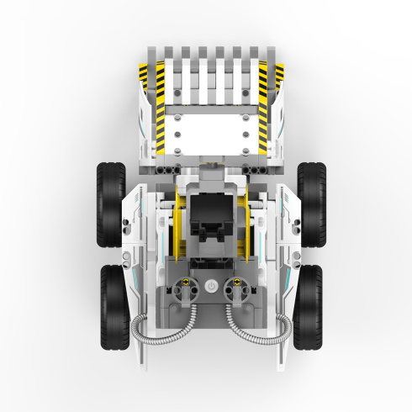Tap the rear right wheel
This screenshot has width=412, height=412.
coord(309,306)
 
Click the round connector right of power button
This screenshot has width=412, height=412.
coord(238,287)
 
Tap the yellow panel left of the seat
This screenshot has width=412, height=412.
coord(177,230)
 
